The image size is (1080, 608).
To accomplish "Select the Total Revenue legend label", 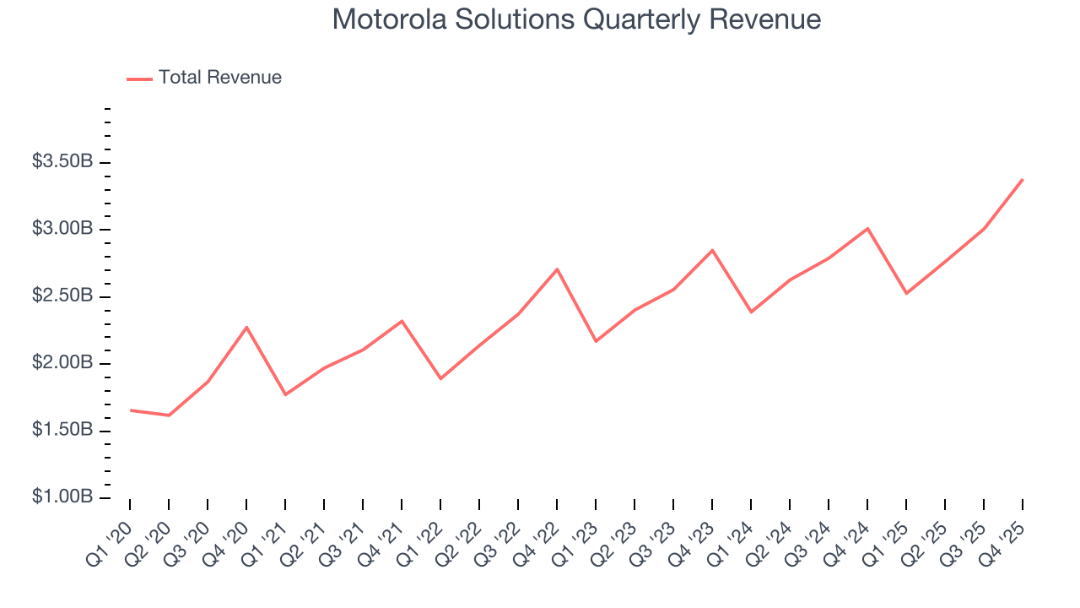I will click(x=219, y=78).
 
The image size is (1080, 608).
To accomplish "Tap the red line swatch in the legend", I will click(x=139, y=79).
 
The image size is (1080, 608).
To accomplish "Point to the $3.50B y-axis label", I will click(x=62, y=161).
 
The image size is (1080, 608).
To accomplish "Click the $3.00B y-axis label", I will click(x=62, y=229).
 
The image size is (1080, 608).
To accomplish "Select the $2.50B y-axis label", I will click(x=62, y=296).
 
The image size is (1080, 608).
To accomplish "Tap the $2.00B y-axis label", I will click(x=62, y=363).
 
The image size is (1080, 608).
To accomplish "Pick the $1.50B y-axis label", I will click(x=62, y=430).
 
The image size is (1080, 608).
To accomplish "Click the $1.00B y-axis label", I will click(x=62, y=497).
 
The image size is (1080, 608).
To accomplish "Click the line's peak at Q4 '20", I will click(x=246, y=327).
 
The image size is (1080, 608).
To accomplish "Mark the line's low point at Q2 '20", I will click(x=169, y=415).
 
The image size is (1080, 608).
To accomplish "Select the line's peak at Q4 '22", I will click(x=557, y=269).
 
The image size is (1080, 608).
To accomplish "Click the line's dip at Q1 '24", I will click(x=751, y=312).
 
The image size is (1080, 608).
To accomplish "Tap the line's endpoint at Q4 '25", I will click(x=1023, y=179).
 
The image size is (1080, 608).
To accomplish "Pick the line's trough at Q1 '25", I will click(x=906, y=293).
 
